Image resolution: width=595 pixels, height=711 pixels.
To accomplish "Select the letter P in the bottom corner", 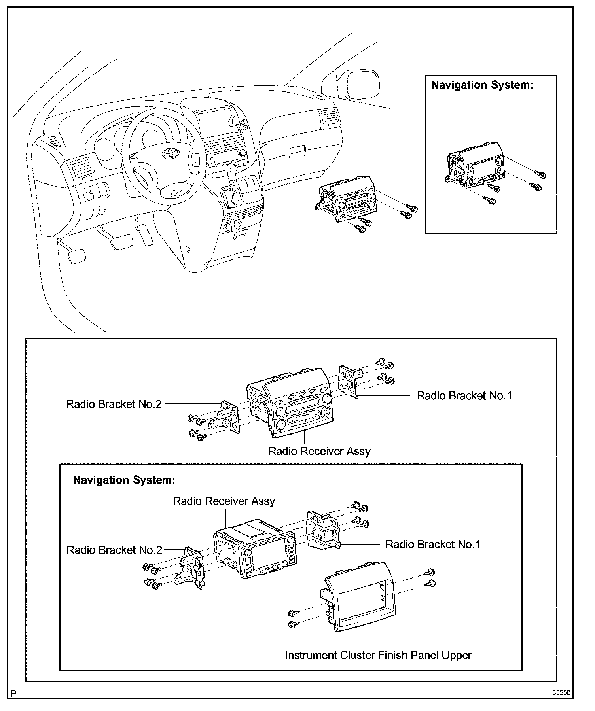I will tap(14, 694).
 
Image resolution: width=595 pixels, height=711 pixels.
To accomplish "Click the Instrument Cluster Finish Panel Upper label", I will tap(378, 655).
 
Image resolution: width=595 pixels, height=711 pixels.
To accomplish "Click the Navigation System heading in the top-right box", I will tap(482, 85).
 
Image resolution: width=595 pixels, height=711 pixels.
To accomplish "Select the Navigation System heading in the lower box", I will tap(124, 480).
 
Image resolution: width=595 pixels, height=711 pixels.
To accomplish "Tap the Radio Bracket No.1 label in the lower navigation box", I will tap(433, 545).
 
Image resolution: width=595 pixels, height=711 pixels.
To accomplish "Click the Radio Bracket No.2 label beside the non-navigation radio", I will tap(114, 404).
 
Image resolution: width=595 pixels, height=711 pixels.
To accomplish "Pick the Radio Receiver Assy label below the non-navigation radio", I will tap(319, 451).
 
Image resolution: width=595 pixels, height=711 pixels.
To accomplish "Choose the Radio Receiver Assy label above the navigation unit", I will tap(224, 501).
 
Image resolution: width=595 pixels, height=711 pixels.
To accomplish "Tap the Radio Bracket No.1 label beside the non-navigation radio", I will tap(464, 395).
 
